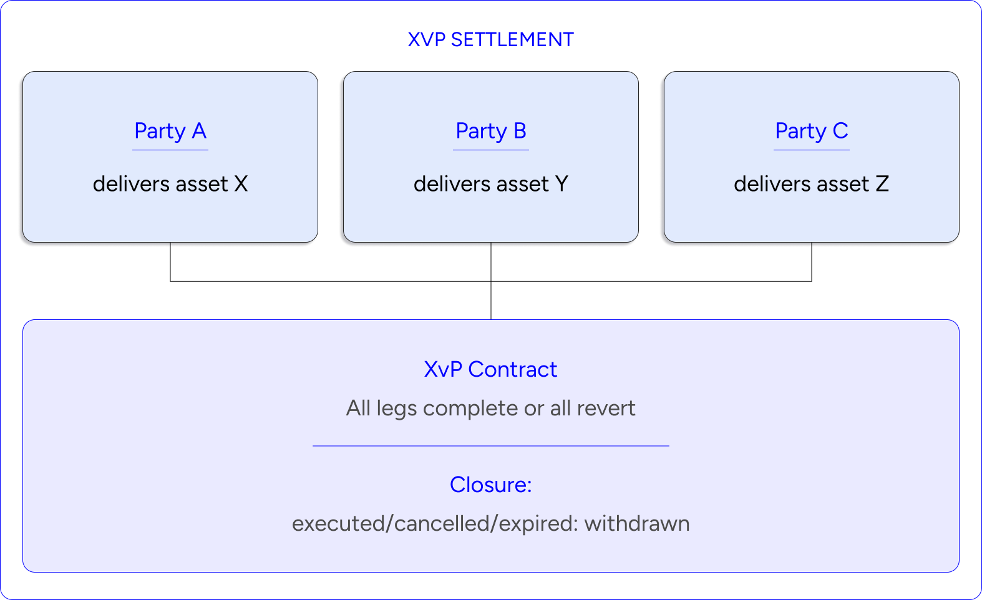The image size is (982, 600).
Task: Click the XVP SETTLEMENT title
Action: pyautogui.click(x=490, y=40)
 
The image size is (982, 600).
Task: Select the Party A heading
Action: pyautogui.click(x=170, y=131)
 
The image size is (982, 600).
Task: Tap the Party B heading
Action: pyautogui.click(x=490, y=131)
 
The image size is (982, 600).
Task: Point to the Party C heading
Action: pyautogui.click(x=811, y=131)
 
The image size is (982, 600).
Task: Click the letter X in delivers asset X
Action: pyautogui.click(x=241, y=184)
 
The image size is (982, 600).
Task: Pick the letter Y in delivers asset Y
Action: pyautogui.click(x=561, y=184)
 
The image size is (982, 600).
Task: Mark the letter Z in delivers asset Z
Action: pyautogui.click(x=882, y=184)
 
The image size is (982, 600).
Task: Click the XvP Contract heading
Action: pyautogui.click(x=490, y=369)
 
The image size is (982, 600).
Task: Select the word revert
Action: pyautogui.click(x=606, y=409)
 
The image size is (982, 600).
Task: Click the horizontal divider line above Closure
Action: pyautogui.click(x=490, y=446)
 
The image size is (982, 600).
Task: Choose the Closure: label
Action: pyautogui.click(x=490, y=485)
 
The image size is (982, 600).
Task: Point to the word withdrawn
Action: pyautogui.click(x=636, y=523)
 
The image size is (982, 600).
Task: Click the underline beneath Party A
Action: pyautogui.click(x=170, y=150)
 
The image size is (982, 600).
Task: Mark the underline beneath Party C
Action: pyautogui.click(x=811, y=150)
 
